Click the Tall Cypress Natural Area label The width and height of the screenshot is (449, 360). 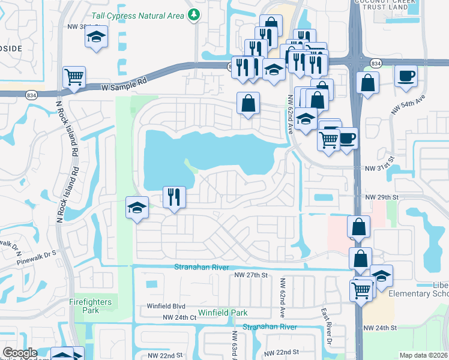click(x=137, y=16)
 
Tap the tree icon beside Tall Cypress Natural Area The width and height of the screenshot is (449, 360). click(x=193, y=14)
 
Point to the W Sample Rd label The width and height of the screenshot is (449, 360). click(x=124, y=87)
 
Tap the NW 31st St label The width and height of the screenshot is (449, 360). click(x=382, y=170)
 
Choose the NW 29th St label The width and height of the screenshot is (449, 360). click(x=382, y=197)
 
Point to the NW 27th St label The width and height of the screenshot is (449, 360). click(x=250, y=275)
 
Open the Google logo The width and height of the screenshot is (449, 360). click(x=20, y=353)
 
